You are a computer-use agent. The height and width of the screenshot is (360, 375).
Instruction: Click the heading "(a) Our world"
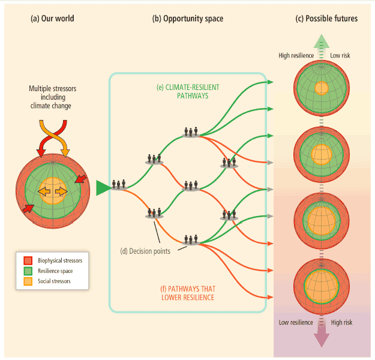pos(52,19)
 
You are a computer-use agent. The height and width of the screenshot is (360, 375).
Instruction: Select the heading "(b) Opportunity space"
pos(187,19)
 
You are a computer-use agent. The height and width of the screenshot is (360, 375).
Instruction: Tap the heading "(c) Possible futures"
pos(326,19)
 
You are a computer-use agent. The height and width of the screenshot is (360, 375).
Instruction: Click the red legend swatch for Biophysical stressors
pos(28,260)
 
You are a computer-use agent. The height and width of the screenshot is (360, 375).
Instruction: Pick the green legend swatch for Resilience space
pos(28,271)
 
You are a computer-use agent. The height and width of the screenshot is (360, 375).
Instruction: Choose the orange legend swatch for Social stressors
pos(28,281)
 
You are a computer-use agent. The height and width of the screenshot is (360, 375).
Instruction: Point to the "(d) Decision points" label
pos(143,251)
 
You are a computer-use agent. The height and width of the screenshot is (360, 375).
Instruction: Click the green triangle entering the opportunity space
pos(103,188)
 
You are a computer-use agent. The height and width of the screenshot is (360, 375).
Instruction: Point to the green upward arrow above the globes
pos(322,43)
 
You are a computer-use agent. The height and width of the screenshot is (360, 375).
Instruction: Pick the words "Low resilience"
pos(296,322)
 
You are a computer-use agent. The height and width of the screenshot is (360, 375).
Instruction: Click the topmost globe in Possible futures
pos(322,88)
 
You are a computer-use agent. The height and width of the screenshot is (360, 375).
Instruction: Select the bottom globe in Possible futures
pos(322,286)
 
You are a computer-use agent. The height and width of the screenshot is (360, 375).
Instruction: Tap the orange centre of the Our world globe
pos(53,190)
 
